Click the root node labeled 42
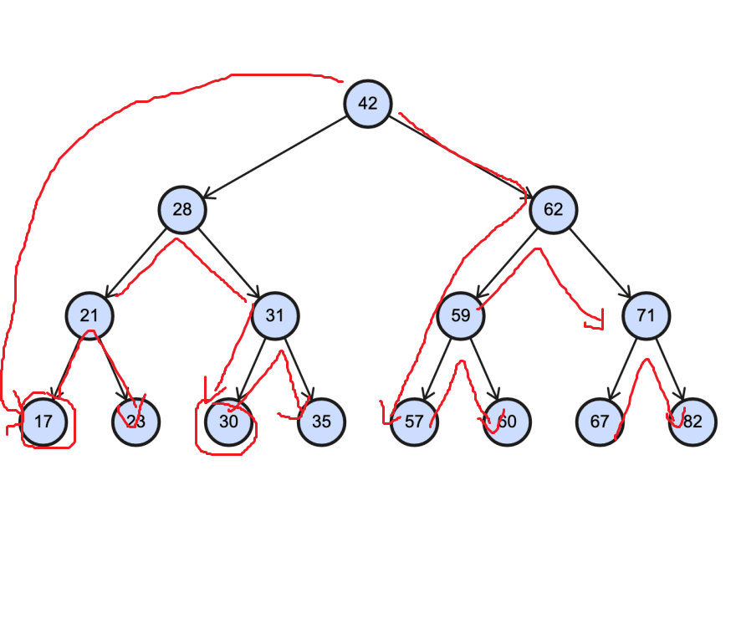click(367, 104)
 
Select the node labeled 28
click(182, 209)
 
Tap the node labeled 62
click(553, 209)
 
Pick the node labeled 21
click(89, 315)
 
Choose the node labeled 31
click(275, 315)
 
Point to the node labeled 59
click(460, 315)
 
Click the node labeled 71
click(646, 315)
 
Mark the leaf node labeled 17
click(43, 422)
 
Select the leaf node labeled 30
click(229, 422)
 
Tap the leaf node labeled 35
click(321, 422)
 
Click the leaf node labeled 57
click(414, 422)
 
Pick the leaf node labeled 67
click(600, 422)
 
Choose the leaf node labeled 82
click(693, 422)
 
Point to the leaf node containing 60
click(507, 422)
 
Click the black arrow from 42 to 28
click(276, 156)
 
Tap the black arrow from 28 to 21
click(136, 263)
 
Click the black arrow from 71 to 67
click(622, 369)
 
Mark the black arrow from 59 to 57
click(437, 369)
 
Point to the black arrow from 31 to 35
click(299, 369)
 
